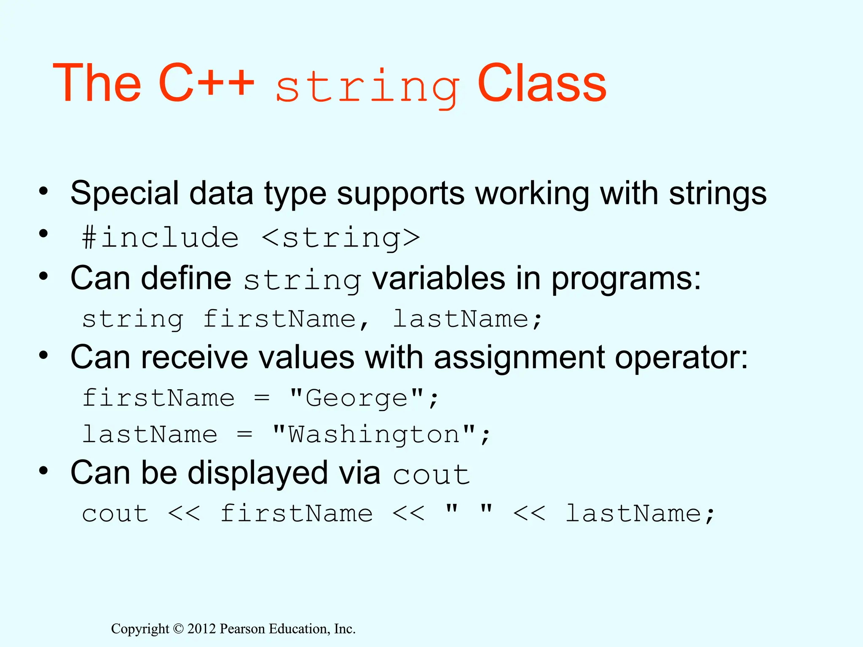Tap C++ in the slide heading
click(206, 83)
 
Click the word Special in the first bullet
click(125, 194)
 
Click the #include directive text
click(160, 238)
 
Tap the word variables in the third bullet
click(438, 279)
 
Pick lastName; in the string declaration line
click(467, 319)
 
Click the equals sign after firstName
click(262, 398)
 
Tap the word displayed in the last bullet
click(257, 473)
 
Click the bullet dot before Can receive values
click(43, 356)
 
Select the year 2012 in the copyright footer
click(201, 629)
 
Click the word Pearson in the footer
click(243, 629)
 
